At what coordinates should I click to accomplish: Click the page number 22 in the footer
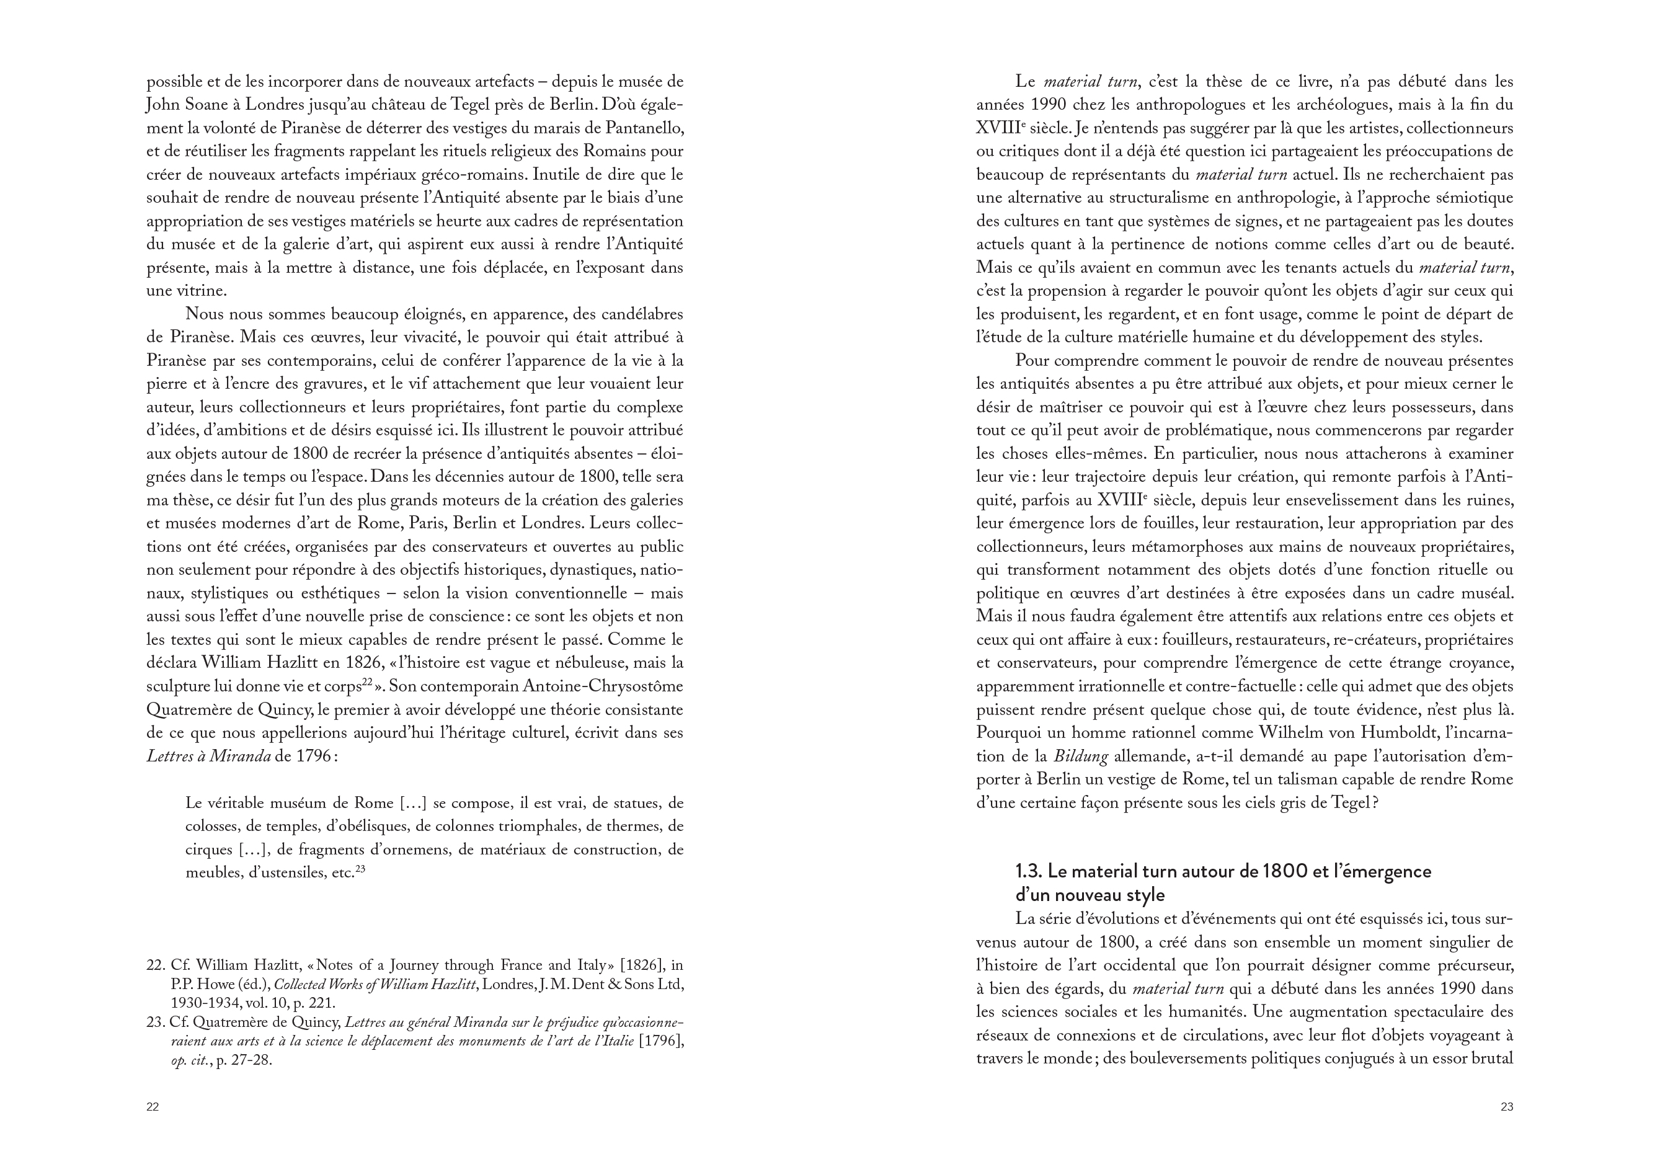click(x=153, y=1107)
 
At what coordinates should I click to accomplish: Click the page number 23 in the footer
click(x=1507, y=1107)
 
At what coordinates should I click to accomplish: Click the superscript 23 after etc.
click(x=360, y=871)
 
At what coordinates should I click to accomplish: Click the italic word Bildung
click(x=1080, y=757)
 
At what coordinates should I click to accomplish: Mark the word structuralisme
click(x=1157, y=198)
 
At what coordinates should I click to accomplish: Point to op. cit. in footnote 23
click(x=190, y=1062)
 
